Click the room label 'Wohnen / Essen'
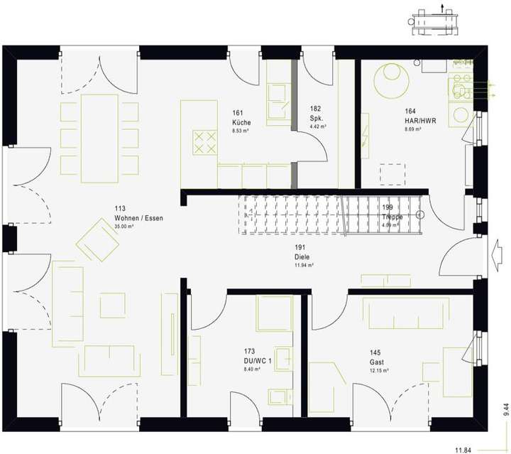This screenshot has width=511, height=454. [138, 218]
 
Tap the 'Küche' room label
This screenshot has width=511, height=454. [241, 122]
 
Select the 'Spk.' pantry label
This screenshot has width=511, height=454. [316, 118]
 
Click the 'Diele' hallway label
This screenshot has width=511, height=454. [303, 256]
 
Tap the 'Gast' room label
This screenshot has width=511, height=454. [375, 362]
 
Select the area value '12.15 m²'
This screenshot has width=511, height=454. [380, 370]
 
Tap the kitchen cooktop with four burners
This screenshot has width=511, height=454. [204, 141]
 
